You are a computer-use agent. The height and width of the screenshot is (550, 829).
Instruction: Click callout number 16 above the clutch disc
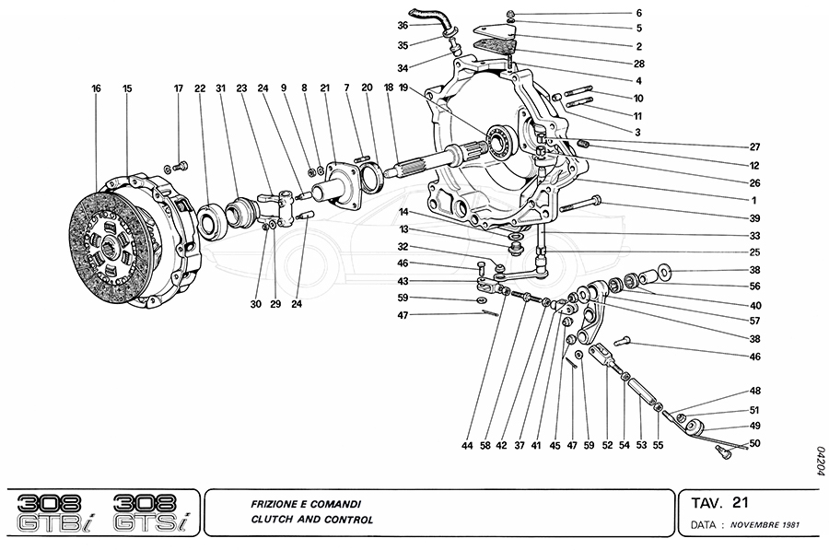(96, 88)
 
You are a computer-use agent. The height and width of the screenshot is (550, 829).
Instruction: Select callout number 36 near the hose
(403, 25)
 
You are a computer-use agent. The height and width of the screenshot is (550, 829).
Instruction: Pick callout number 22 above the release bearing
(200, 88)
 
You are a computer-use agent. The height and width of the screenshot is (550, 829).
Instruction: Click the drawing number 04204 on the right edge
(817, 458)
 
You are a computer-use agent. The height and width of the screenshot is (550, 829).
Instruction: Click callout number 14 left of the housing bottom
(402, 213)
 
